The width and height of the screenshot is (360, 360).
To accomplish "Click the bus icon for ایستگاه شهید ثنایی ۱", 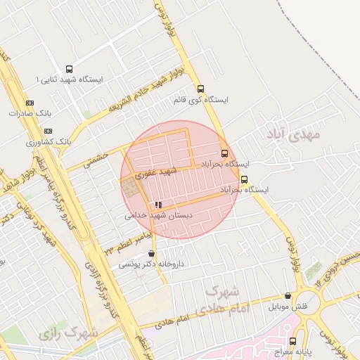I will point(69,69).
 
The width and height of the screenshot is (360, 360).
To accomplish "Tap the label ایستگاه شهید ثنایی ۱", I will point(69,80).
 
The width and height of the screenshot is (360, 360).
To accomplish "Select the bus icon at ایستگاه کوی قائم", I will point(201,89).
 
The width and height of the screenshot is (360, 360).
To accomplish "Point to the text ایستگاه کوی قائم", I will point(201,101).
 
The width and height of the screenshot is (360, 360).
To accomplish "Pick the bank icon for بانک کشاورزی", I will point(48,131).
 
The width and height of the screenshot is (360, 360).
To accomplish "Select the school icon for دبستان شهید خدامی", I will point(158,205).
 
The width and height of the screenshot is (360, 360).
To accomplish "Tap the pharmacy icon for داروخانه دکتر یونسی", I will point(151,254).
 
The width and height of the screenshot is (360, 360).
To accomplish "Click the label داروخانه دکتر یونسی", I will point(146,264).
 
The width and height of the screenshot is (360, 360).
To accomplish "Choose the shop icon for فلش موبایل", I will point(288,297).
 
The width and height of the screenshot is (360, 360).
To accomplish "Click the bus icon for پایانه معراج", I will point(292,342).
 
